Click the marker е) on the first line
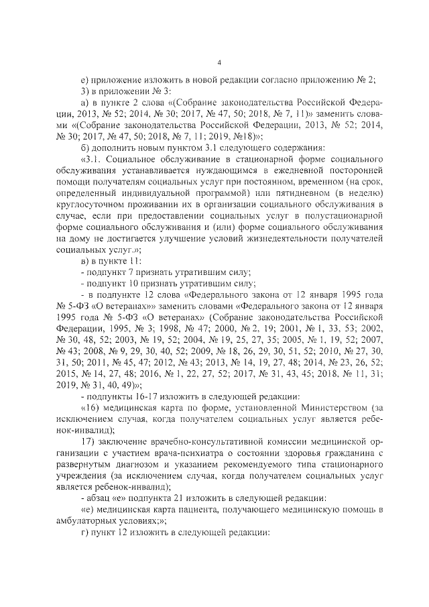point(84,79)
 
